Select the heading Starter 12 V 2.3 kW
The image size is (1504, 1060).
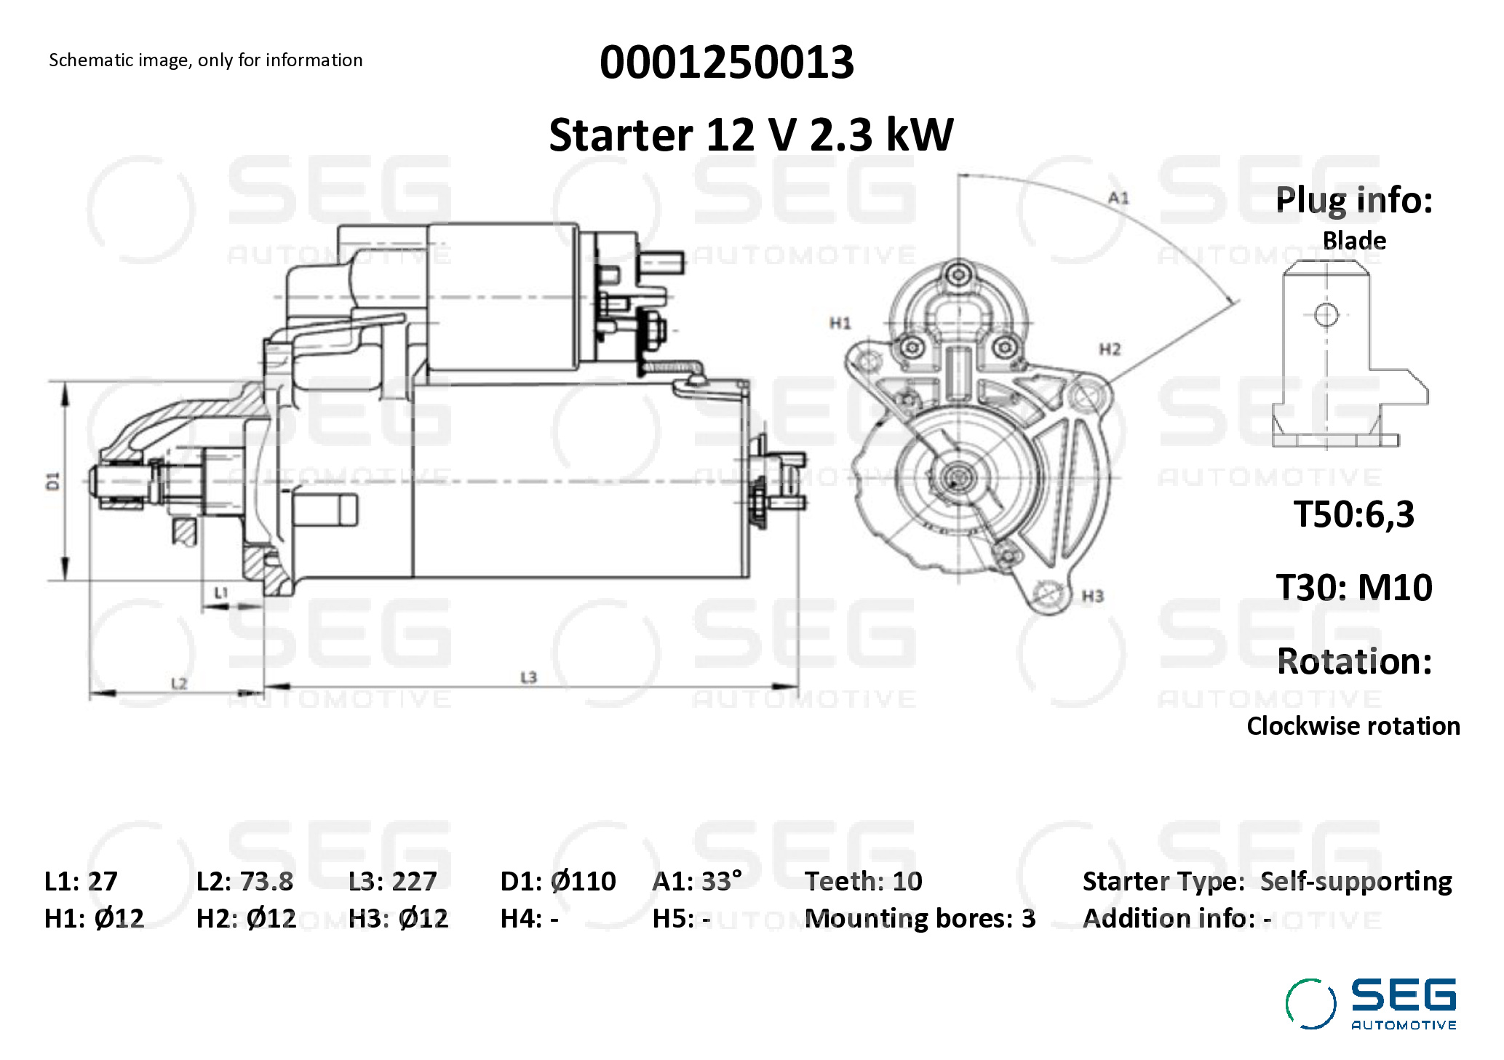point(751,135)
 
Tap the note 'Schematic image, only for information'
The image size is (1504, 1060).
point(205,60)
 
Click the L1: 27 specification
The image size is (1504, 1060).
point(81,881)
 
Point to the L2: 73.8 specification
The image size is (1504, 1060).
point(244,881)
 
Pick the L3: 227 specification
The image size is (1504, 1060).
point(393,881)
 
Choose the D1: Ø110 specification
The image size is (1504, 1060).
point(558,881)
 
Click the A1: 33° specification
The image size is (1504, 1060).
point(697,881)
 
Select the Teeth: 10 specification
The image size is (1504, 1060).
point(863,881)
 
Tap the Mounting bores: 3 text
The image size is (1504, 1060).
point(920,919)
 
